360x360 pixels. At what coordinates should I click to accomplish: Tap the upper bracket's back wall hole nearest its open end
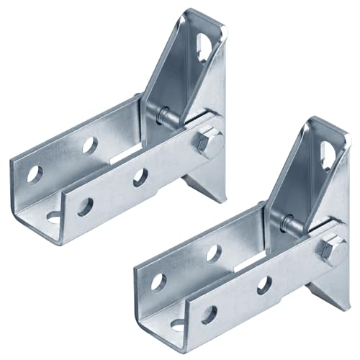35,174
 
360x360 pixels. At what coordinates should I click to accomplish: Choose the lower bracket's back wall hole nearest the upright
213,253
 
